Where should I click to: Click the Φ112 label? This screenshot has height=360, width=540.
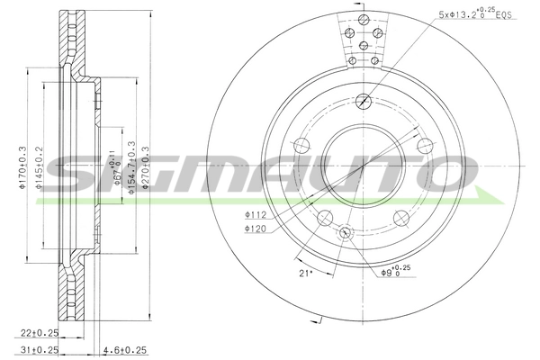pos(256,216)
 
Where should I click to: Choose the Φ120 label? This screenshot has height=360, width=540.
pos(256,229)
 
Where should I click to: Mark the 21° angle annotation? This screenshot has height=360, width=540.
pos(304,273)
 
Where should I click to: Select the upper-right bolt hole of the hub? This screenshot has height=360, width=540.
pos(422,145)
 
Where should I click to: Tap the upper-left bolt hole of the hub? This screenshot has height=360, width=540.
pos(303,145)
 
